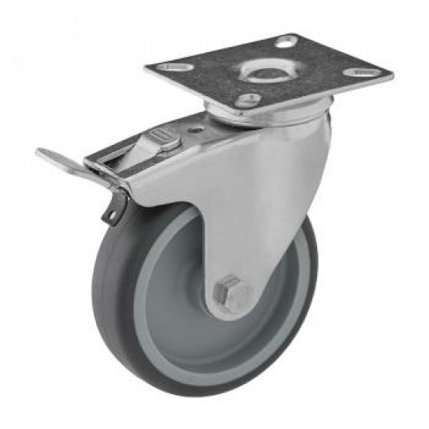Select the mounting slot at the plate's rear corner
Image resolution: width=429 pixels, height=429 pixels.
(x=287, y=41)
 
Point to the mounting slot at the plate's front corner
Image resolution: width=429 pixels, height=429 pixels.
(x=248, y=100)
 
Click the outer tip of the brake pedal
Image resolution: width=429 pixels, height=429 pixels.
(x=40, y=152)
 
